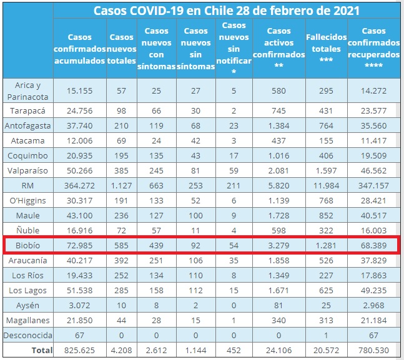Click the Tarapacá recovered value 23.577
373,111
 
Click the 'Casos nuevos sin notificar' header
234,48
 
